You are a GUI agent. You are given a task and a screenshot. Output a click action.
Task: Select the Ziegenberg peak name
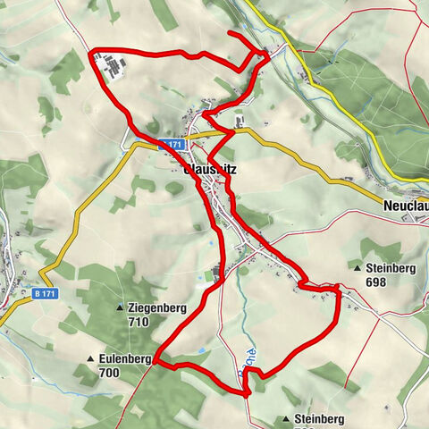(157, 307)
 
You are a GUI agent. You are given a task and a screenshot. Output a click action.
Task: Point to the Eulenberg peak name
(126, 358)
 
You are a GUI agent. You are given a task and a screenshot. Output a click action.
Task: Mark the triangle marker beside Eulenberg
(90, 359)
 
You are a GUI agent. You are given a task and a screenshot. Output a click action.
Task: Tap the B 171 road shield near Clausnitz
(171, 144)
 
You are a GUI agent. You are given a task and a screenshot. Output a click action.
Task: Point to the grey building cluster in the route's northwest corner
(113, 68)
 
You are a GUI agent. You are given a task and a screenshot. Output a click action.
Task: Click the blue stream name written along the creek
(251, 361)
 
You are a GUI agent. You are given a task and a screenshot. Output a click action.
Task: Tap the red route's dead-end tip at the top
(230, 34)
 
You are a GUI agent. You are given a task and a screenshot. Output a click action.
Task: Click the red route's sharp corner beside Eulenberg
(154, 362)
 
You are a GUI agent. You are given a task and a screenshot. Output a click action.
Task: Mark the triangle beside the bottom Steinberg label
(286, 418)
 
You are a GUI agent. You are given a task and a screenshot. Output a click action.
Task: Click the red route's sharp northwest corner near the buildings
(91, 55)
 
